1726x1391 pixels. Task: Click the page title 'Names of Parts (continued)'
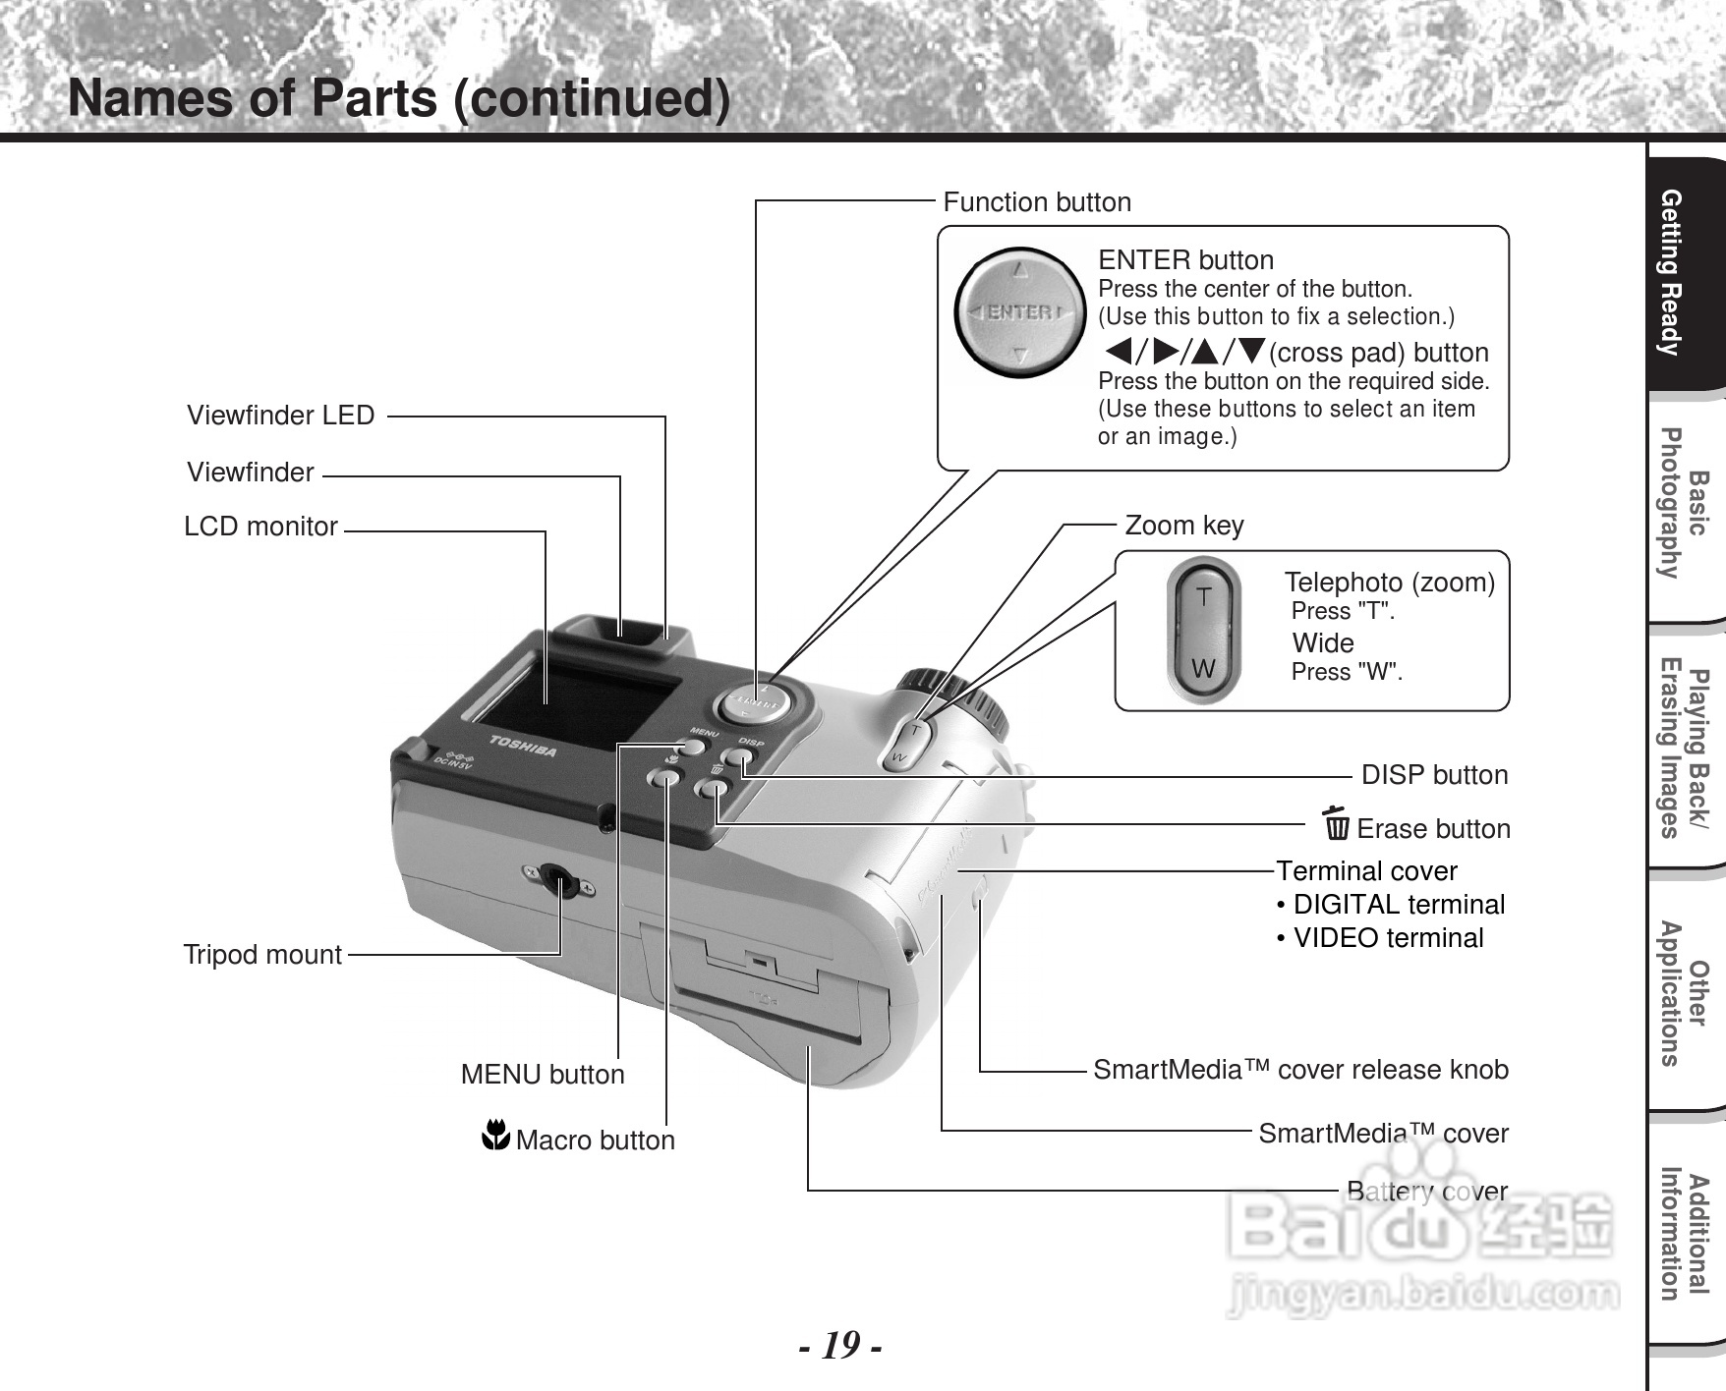(x=399, y=99)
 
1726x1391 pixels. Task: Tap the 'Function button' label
(x=1037, y=202)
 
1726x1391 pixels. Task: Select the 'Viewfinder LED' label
(x=281, y=416)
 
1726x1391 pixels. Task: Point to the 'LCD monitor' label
(x=261, y=527)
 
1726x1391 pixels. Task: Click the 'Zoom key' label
(x=1184, y=526)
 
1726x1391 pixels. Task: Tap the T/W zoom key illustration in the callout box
(x=1203, y=632)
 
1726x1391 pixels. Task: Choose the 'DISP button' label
(x=1434, y=775)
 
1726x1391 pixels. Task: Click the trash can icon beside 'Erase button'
(x=1336, y=824)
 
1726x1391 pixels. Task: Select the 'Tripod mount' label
(x=262, y=955)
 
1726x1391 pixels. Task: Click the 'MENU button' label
(x=543, y=1075)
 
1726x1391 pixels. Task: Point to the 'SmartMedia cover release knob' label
(x=1300, y=1070)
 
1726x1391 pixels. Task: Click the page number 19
(x=839, y=1345)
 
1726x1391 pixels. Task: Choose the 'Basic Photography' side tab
(x=1683, y=504)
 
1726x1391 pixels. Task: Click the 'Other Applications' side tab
(x=1683, y=993)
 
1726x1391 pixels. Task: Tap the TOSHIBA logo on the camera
(x=524, y=746)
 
